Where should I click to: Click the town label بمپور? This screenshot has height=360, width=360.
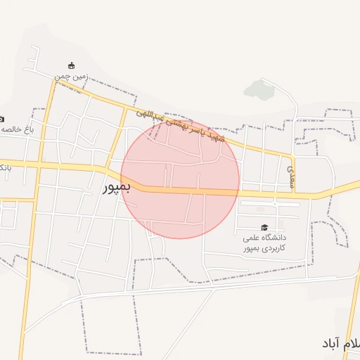tap(117, 188)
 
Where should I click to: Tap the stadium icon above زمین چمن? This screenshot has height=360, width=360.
tap(70, 65)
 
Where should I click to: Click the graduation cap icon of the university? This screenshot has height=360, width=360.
tap(264, 227)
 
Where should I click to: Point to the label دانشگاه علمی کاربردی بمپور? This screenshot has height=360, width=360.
tap(266, 243)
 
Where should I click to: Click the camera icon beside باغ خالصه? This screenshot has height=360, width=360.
tap(2, 118)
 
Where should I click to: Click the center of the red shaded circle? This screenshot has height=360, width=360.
tap(180, 179)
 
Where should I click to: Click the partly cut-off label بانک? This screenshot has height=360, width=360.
tap(4, 167)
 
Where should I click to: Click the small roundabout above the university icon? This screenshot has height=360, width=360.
tap(274, 204)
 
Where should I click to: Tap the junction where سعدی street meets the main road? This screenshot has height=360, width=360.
tap(293, 193)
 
